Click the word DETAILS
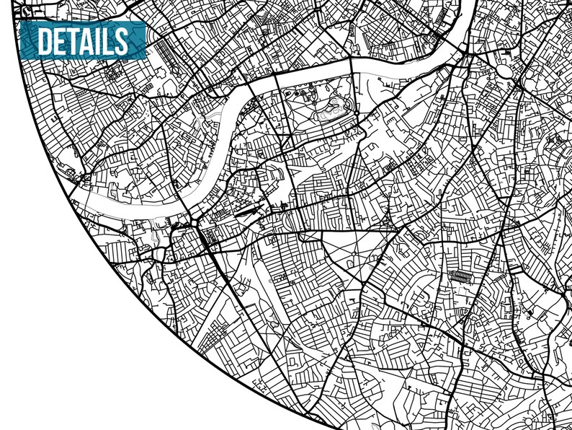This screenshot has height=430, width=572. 81,40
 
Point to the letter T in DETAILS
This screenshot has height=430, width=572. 76,41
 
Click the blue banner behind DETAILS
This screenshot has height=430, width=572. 140,29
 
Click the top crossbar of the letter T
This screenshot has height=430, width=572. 76,30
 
